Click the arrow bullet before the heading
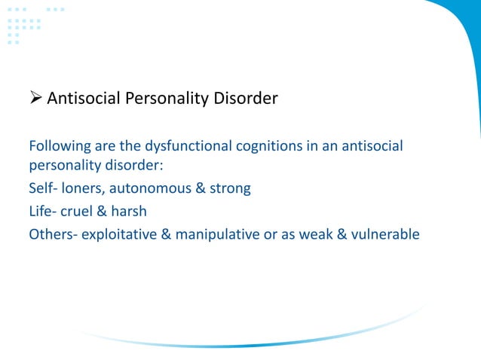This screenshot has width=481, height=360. tap(35, 98)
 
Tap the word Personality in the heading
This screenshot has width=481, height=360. tap(167, 98)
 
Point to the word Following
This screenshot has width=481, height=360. tap(60, 145)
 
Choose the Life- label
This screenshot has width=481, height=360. tap(44, 211)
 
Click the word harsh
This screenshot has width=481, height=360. tap(130, 211)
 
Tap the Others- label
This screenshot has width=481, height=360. tap(53, 234)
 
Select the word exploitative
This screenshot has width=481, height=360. tap(119, 234)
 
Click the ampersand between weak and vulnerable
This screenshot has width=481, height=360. tap(343, 234)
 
